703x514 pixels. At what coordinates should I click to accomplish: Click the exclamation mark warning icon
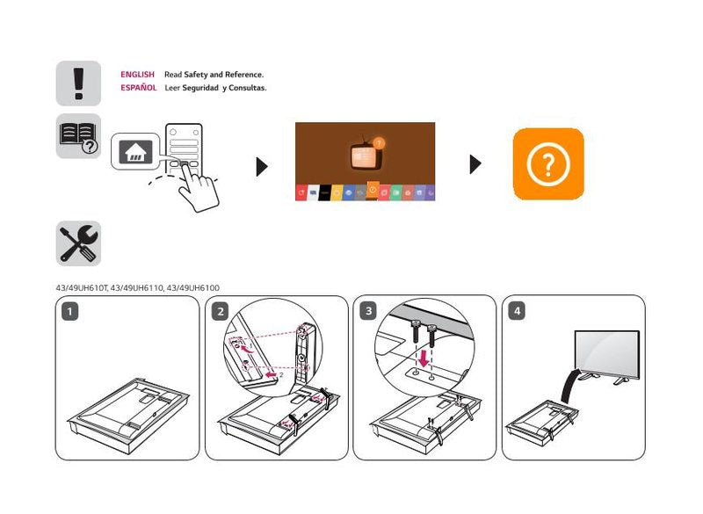pos(78,83)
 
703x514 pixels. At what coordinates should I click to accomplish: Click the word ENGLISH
pos(138,75)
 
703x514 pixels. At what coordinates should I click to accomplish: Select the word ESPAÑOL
pos(139,88)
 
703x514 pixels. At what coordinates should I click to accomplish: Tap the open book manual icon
pos(78,136)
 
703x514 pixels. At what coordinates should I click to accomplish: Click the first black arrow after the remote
pos(261,166)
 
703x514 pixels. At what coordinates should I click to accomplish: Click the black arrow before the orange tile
pos(475,164)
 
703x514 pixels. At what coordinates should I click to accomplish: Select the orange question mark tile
pos(548,164)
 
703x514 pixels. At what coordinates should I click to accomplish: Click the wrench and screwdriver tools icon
pos(78,243)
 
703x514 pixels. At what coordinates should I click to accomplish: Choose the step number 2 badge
pos(221,311)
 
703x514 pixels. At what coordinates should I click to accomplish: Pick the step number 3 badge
pos(368,311)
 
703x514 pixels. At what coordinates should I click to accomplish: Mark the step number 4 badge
pos(517,311)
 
